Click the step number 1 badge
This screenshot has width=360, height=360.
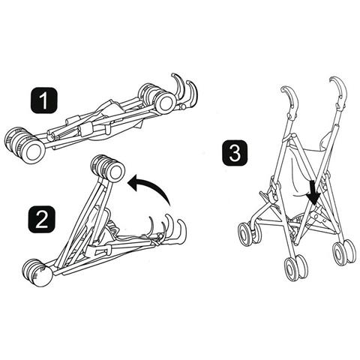[x=44, y=100]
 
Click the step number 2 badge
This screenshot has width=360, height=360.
[x=41, y=219]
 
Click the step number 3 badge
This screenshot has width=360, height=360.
[x=235, y=152]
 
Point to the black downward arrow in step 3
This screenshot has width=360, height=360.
[x=313, y=193]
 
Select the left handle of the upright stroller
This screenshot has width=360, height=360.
[x=290, y=99]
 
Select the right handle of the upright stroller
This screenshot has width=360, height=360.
[x=340, y=92]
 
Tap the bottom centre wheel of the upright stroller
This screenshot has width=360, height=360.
[x=295, y=268]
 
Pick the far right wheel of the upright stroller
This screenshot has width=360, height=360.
[x=344, y=253]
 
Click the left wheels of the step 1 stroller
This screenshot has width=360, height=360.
[x=25, y=144]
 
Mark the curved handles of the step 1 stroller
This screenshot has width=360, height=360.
[x=184, y=91]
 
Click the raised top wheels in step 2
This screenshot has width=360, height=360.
[x=108, y=168]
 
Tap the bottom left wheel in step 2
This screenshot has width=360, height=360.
[x=37, y=272]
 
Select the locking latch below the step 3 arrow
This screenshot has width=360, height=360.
[x=317, y=214]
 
